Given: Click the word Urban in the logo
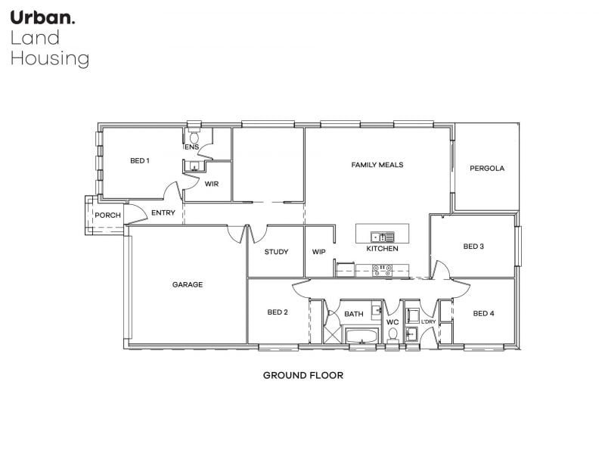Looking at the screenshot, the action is (42, 17).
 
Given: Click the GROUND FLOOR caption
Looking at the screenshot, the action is (303, 375).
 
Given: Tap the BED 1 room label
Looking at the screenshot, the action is (140, 160).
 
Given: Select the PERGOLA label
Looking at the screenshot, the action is (487, 168).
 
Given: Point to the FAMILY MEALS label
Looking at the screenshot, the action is (377, 165).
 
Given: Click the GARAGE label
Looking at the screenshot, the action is (187, 284).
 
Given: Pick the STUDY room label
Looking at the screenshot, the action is (276, 252).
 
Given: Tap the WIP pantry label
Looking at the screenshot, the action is (318, 252).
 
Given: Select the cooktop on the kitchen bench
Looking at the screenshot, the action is (383, 270).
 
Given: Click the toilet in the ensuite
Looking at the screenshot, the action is (194, 136).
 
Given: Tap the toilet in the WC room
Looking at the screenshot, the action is (392, 334).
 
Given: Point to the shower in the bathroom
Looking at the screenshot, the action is (332, 334).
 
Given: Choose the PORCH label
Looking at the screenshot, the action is (107, 216).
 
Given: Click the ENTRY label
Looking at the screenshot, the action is (163, 213).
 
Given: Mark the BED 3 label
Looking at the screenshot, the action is (473, 247).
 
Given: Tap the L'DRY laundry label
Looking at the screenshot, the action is (428, 321).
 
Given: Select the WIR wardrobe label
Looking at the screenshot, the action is (212, 184).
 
